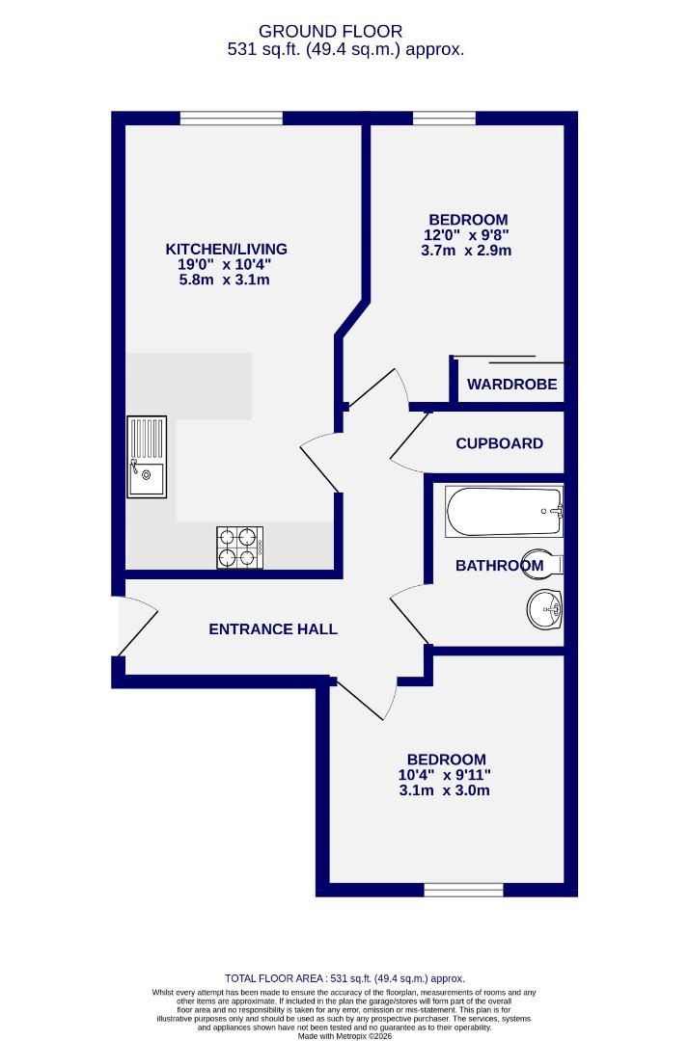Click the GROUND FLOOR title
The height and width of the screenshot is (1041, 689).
pos(344,32)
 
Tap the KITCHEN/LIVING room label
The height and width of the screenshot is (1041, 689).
pos(226,249)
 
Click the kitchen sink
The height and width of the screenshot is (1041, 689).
pos(147,457)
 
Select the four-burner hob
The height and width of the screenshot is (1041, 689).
pos(239,547)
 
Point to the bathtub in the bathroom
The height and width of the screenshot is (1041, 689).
pos(503,512)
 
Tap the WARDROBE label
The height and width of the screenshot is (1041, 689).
pos(511,385)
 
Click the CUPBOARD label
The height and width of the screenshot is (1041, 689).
pos(499,443)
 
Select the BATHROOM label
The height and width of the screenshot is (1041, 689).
pos(499,566)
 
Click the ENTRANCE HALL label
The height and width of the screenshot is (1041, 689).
pos(273,629)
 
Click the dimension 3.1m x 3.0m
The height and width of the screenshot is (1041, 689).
pos(446,791)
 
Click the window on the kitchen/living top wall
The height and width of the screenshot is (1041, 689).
pos(231,119)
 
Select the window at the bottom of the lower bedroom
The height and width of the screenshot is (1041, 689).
pos(463,890)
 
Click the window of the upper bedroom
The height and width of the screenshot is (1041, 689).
pos(444,119)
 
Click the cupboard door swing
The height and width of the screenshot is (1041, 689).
pos(410,445)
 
